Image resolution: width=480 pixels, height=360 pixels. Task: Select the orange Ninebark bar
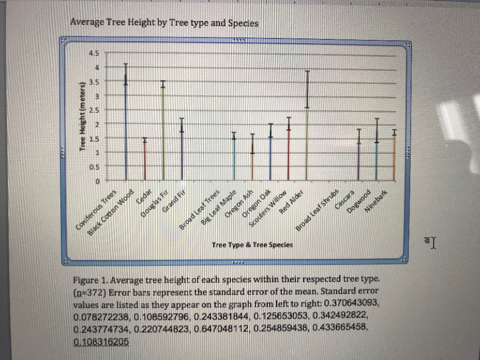394,157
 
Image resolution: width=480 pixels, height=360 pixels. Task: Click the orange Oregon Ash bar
253,164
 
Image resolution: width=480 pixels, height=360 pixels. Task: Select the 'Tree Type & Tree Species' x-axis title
252,245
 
